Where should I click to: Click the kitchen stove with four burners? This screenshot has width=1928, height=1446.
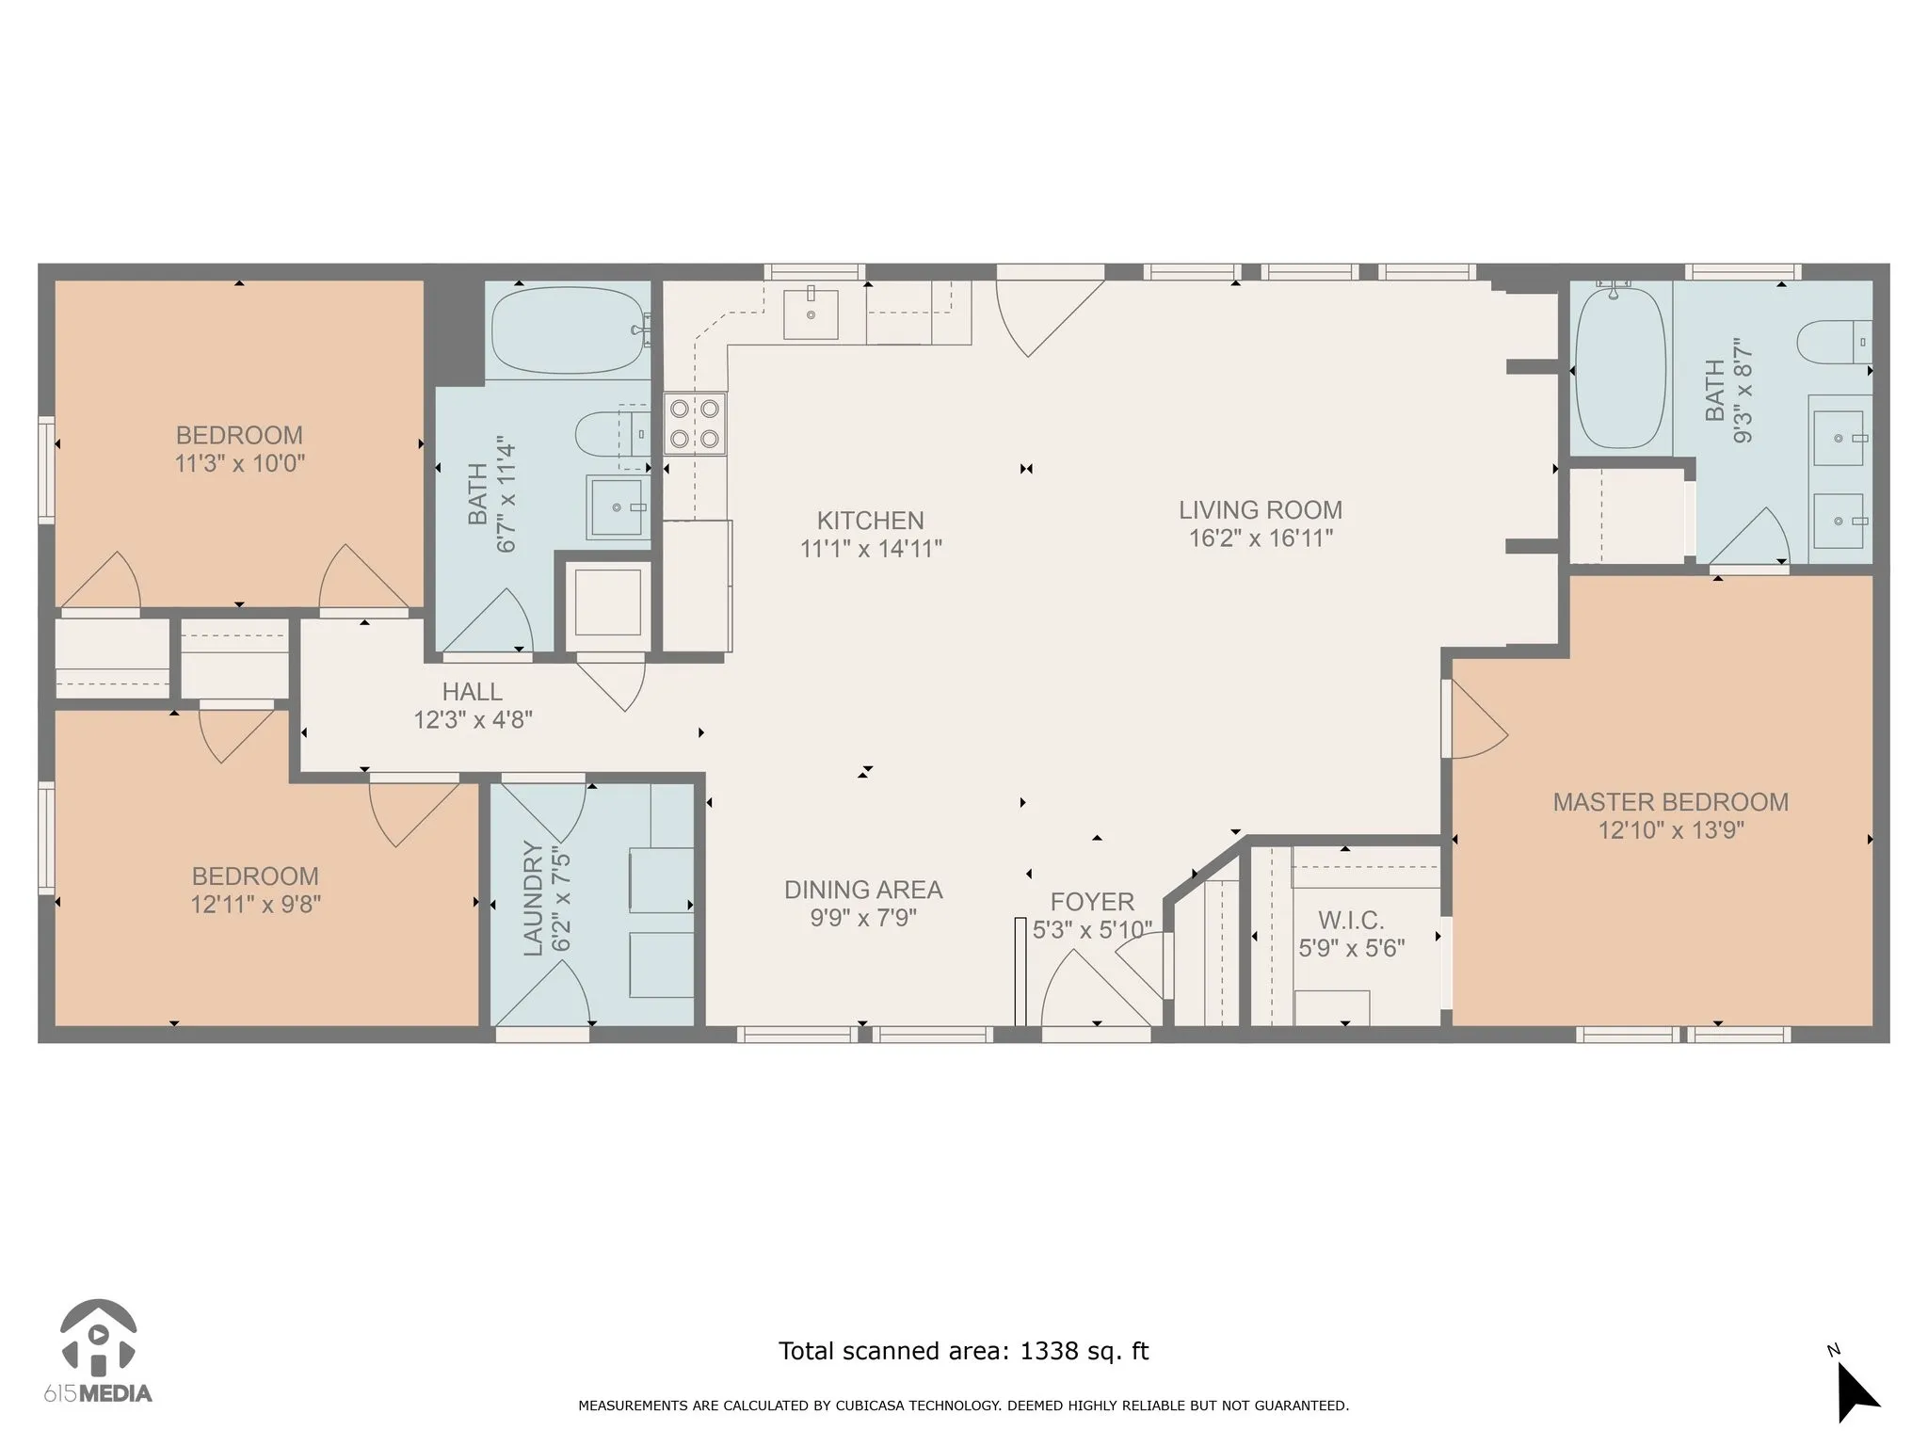[x=695, y=424]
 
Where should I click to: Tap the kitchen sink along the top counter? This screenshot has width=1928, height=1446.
[x=811, y=314]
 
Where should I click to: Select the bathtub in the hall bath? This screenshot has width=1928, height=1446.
[x=570, y=329]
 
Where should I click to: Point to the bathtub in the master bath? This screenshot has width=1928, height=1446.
[x=1619, y=368]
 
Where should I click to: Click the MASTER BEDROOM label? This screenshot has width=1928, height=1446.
[x=1671, y=802]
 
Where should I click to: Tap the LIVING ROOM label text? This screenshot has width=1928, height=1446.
[x=1261, y=510]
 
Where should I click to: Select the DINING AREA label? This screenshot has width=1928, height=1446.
[x=863, y=890]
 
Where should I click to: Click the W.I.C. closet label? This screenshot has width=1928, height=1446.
[x=1351, y=920]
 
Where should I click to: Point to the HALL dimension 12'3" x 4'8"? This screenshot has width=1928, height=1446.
[x=474, y=720]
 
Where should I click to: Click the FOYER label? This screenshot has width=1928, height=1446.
[x=1092, y=902]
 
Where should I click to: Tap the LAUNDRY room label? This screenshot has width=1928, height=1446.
[x=533, y=899]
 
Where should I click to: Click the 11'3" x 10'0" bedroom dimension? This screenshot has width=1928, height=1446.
[x=240, y=464]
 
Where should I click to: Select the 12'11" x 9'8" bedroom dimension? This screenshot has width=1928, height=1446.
[x=255, y=905]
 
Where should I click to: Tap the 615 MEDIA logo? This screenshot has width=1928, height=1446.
[x=98, y=1351]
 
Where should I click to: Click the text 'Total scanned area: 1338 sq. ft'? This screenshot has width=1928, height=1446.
[x=963, y=1351]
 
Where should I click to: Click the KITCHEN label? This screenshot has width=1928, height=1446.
[x=871, y=521]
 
